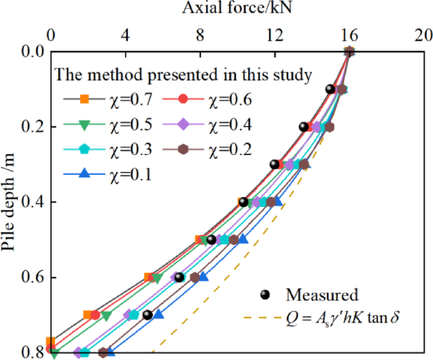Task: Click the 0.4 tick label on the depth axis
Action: click(29, 202)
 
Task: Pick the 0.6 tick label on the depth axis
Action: click(29, 278)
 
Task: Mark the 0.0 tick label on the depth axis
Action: click(29, 52)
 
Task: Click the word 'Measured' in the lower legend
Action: click(322, 295)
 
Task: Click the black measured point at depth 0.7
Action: click(147, 315)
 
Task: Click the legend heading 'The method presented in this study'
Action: click(183, 75)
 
